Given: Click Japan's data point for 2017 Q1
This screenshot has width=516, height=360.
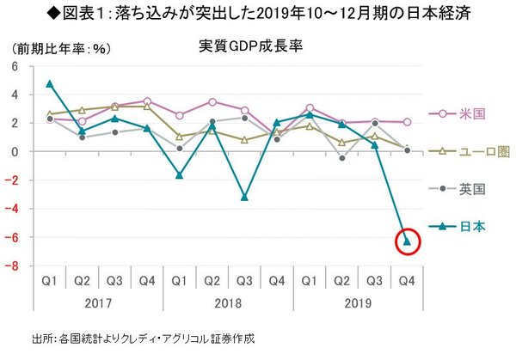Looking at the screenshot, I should click(x=50, y=83).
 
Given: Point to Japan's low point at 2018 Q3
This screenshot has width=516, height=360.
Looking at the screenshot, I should click(x=245, y=197).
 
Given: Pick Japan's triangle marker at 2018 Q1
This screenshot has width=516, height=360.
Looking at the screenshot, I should click(x=180, y=174).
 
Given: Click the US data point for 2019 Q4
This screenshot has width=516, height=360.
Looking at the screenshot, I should click(x=406, y=122).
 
